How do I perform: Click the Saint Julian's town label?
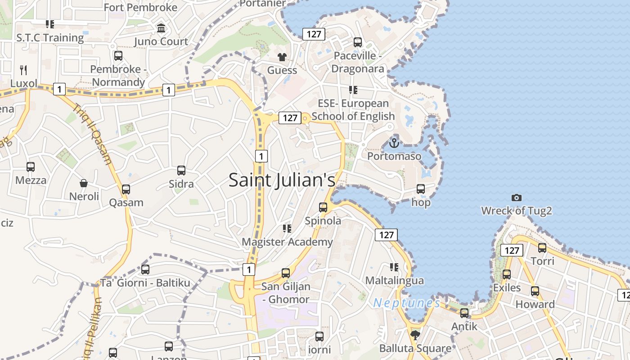pyautogui.click(x=282, y=180)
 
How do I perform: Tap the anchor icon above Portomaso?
pyautogui.click(x=394, y=143)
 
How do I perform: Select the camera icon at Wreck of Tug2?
pyautogui.click(x=517, y=198)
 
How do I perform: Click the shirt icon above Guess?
pyautogui.click(x=282, y=57)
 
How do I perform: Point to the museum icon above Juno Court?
pyautogui.click(x=161, y=28)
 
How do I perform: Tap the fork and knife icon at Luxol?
pyautogui.click(x=23, y=70)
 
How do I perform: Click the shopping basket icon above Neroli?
pyautogui.click(x=84, y=183)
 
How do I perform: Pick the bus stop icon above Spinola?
pyautogui.click(x=323, y=207)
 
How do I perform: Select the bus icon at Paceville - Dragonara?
pyautogui.click(x=358, y=42)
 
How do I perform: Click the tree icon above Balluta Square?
pyautogui.click(x=415, y=335)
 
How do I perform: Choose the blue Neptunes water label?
pyautogui.click(x=406, y=303)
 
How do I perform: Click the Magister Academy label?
pyautogui.click(x=287, y=242)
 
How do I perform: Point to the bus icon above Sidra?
pyautogui.click(x=181, y=171)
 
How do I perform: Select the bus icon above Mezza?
pyautogui.click(x=31, y=167)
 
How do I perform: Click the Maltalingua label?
pyautogui.click(x=394, y=281)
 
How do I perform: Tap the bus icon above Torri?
pyautogui.click(x=542, y=248)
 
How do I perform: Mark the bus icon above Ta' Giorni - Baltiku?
pyautogui.click(x=145, y=270)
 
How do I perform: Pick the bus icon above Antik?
pyautogui.click(x=464, y=313)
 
